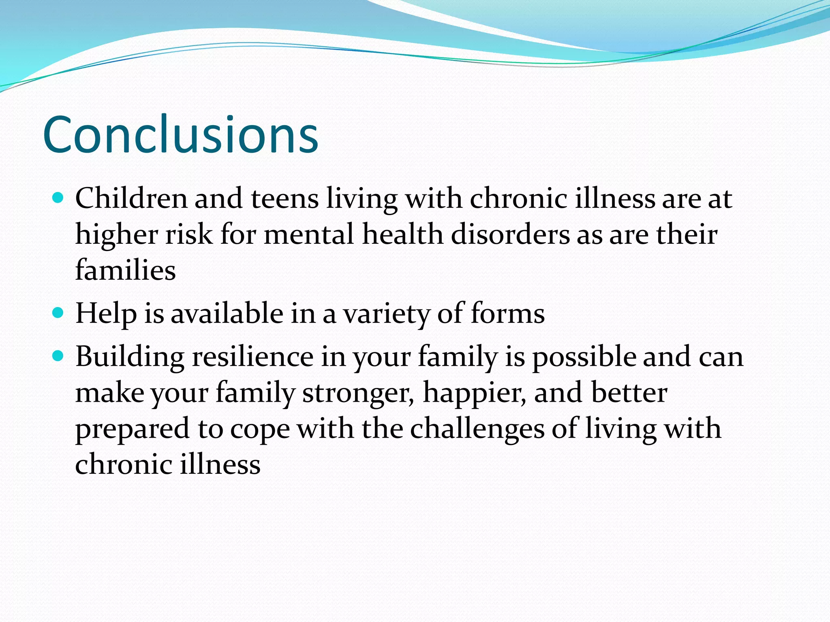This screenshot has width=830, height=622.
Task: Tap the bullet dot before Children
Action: click(58, 198)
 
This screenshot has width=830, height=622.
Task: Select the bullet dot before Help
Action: click(58, 313)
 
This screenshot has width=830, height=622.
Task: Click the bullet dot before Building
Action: click(58, 356)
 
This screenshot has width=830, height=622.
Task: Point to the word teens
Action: click(285, 199)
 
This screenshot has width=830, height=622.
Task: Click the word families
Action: click(125, 270)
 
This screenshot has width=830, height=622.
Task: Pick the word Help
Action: click(106, 314)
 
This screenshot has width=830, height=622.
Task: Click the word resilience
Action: click(252, 357)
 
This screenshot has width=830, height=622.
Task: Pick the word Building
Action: click(130, 358)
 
